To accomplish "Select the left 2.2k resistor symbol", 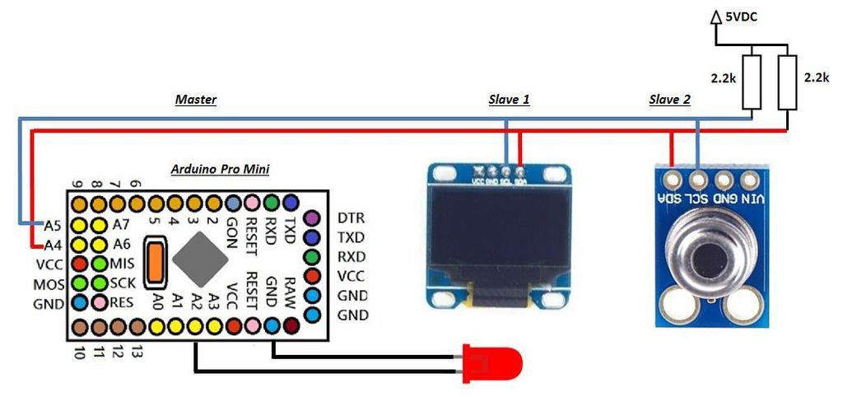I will [752, 83].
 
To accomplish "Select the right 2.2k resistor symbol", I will [788, 83].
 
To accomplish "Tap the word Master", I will [196, 100].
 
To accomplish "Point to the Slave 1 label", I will [509, 100].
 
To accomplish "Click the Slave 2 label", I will [669, 100].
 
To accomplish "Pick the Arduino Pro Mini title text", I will [220, 169].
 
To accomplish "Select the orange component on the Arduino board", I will [155, 259].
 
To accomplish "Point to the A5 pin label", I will [53, 225].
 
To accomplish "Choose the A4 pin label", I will [53, 245].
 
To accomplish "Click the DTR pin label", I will [351, 218].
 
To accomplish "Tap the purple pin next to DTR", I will [312, 218].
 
